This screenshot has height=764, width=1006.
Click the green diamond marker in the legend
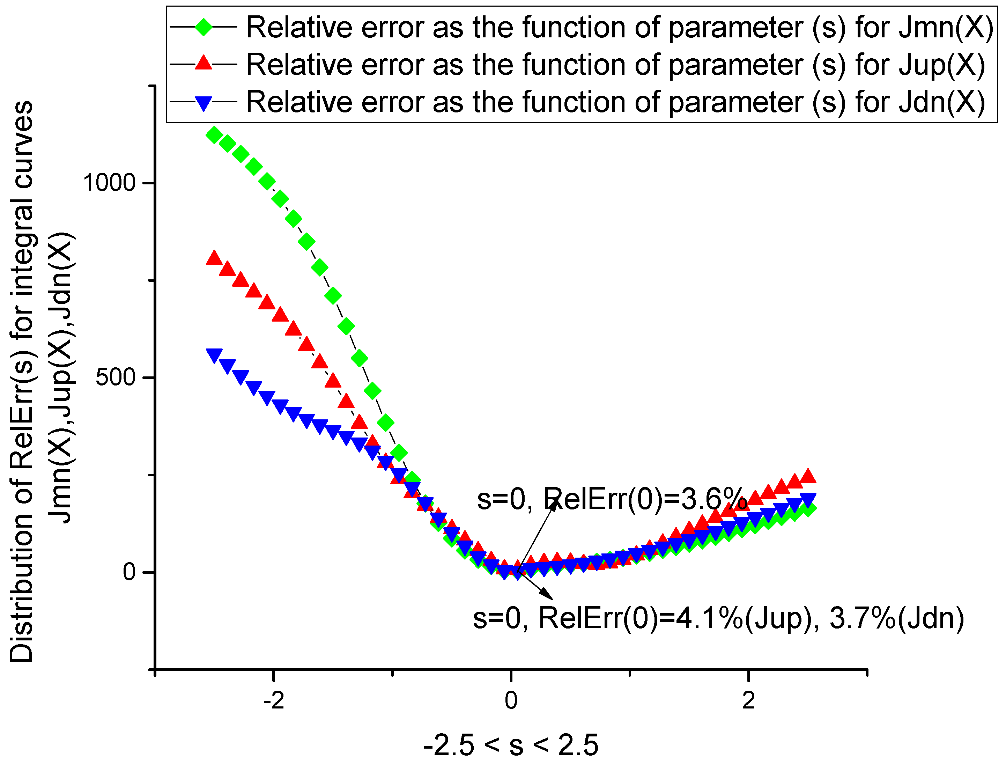[203, 27]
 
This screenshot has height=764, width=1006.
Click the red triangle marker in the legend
[203, 63]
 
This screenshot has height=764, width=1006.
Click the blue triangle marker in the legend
[203, 102]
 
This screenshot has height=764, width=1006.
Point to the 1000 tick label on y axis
[109, 183]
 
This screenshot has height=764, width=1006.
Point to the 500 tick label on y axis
[116, 377]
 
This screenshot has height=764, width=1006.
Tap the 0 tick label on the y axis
[130, 572]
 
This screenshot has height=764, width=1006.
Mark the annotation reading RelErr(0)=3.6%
[612, 499]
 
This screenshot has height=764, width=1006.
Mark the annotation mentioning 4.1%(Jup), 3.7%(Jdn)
[719, 618]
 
